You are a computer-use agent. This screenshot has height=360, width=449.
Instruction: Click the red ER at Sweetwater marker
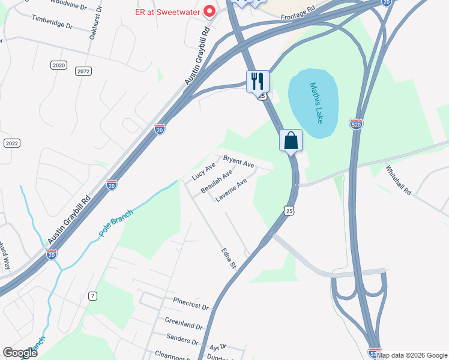point(209,10)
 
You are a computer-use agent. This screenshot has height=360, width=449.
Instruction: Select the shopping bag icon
point(291,141)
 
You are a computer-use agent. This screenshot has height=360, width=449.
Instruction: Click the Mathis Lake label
point(316,103)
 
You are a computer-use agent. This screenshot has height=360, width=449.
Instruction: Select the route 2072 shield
point(83,71)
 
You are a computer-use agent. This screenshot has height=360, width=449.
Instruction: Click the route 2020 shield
point(58,65)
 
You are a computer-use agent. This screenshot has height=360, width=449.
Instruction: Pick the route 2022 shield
point(11,143)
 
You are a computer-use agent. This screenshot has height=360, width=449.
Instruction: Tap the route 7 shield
point(92,296)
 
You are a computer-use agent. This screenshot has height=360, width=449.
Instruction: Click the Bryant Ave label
point(239,161)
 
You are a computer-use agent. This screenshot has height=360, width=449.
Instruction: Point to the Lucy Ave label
point(203,171)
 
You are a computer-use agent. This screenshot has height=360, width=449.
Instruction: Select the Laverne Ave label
point(231,189)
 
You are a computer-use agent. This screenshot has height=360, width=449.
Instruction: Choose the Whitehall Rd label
point(399,179)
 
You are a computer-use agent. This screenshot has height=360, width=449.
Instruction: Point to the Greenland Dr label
point(184,323)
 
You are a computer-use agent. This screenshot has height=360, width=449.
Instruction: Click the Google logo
point(20,353)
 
